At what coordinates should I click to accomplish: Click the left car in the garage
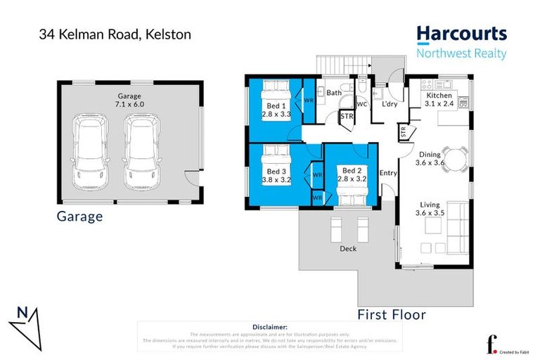pyautogui.click(x=92, y=152)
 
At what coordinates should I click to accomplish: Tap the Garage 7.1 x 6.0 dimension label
pyautogui.click(x=129, y=100)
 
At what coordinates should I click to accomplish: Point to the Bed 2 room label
pyautogui.click(x=350, y=175)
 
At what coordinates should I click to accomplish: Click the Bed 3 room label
pyautogui.click(x=276, y=175)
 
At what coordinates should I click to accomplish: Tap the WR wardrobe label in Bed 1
pyautogui.click(x=308, y=101)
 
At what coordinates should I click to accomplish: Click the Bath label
pyautogui.click(x=334, y=92)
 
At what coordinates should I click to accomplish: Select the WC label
pyautogui.click(x=362, y=105)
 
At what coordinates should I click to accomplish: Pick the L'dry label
pyautogui.click(x=390, y=105)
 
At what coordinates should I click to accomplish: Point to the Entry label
pyautogui.click(x=388, y=173)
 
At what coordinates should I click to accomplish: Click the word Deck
pyautogui.click(x=349, y=248)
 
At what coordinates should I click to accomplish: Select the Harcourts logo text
pyautogui.click(x=461, y=33)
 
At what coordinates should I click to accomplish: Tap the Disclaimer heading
pyautogui.click(x=269, y=327)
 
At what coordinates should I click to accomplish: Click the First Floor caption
pyautogui.click(x=392, y=314)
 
